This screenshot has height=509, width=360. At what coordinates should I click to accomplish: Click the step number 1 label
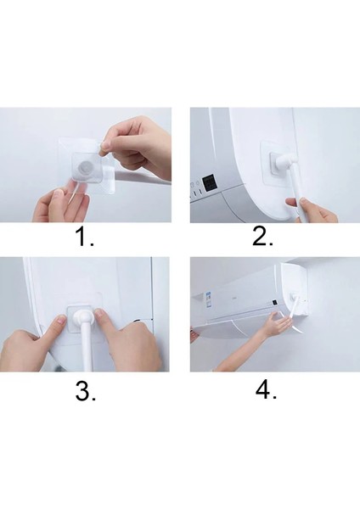click(85, 237)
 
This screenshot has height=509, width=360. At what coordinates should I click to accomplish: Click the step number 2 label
click(262, 237)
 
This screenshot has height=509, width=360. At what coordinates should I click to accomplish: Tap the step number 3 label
click(86, 391)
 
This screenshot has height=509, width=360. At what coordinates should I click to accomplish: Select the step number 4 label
click(266, 390)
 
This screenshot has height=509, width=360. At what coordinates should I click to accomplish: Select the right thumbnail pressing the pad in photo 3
click(100, 314)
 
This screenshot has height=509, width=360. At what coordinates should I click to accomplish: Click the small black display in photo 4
click(274, 303)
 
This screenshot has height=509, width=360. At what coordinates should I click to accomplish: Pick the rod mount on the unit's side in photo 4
click(294, 297)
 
